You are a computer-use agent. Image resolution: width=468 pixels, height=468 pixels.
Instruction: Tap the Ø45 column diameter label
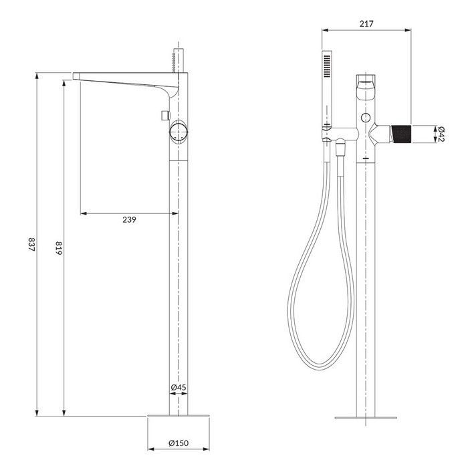coord(178,388)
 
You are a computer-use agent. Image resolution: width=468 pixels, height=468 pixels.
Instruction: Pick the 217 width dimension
coord(366,23)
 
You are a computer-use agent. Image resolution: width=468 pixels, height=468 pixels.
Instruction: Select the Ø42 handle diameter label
coord(441,134)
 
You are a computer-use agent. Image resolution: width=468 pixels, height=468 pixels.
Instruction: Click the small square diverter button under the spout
coord(162,117)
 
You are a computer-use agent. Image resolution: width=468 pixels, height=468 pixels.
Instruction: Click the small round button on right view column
coord(365,118)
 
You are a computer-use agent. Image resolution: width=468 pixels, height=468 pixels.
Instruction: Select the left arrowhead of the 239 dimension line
coord(82,213)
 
